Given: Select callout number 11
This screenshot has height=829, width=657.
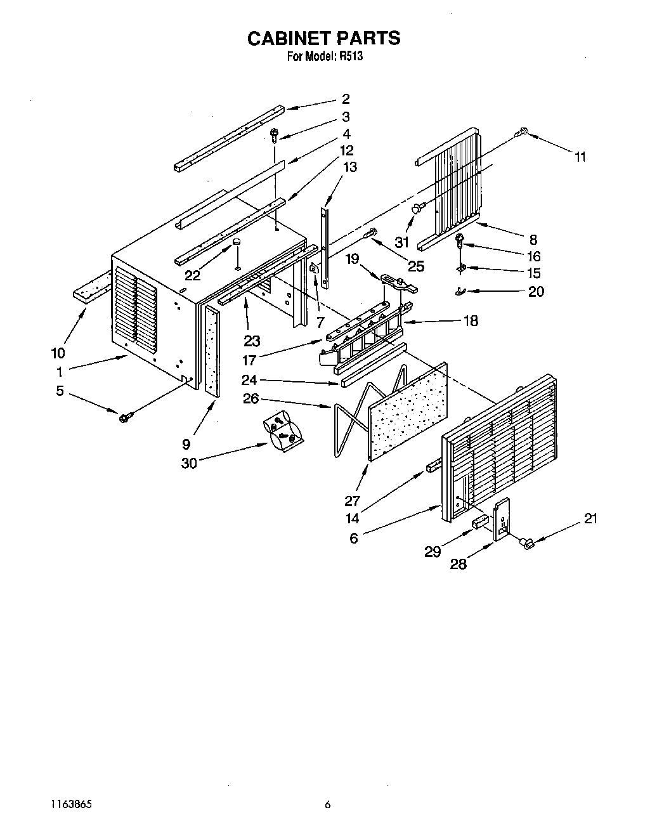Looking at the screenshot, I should (580, 157).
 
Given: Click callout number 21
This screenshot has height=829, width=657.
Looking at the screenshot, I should (590, 519).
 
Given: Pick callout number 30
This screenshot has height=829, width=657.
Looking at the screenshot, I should (189, 463).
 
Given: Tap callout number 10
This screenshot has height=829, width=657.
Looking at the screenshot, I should (58, 353).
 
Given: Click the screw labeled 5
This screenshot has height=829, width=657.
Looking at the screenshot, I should (125, 416).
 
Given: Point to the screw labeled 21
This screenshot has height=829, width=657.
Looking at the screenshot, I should (526, 543).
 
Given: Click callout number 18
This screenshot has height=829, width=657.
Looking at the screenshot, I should (470, 321).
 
